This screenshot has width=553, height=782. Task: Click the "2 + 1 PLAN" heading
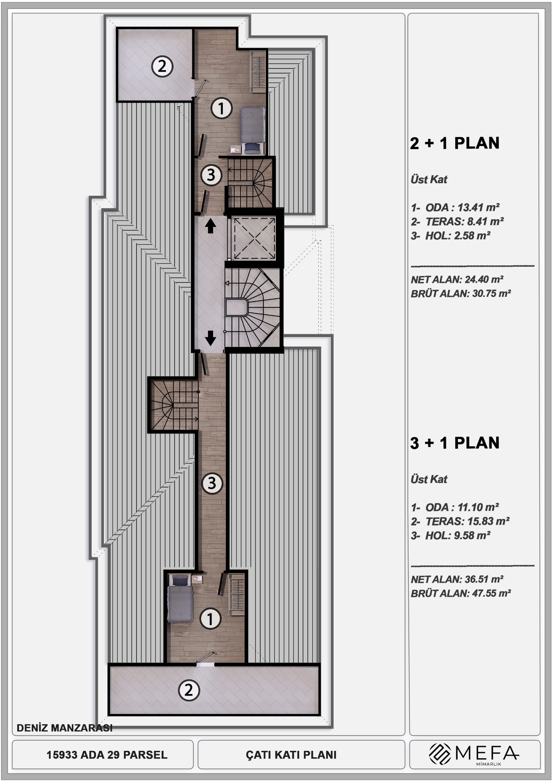(x=455, y=143)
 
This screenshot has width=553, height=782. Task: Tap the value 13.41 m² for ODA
(x=478, y=207)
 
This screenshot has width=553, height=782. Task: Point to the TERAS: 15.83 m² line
(x=460, y=521)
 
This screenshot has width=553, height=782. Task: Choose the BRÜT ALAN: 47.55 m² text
(x=461, y=593)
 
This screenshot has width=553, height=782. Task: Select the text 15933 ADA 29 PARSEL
(x=107, y=755)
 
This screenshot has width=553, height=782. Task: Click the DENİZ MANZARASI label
(x=64, y=728)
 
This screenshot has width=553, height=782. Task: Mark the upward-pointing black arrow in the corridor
(x=211, y=226)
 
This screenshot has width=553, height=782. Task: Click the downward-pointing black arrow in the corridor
(x=211, y=338)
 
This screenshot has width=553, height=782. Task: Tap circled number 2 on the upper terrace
(x=162, y=66)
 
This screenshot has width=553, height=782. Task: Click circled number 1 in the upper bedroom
(x=222, y=108)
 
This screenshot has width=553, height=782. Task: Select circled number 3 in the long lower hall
(x=212, y=483)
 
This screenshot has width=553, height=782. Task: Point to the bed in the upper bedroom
(x=252, y=130)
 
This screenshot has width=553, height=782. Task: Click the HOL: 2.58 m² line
(x=450, y=236)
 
